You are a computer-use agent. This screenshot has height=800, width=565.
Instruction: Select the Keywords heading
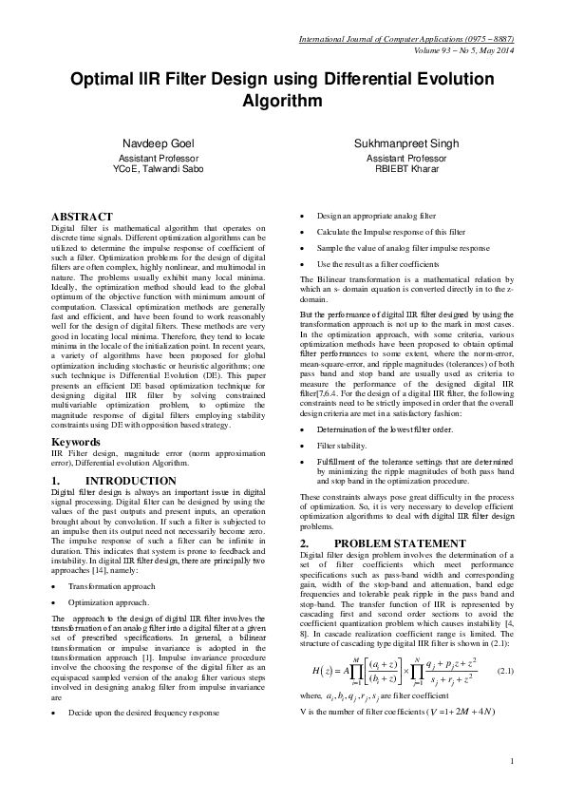point(77,442)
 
